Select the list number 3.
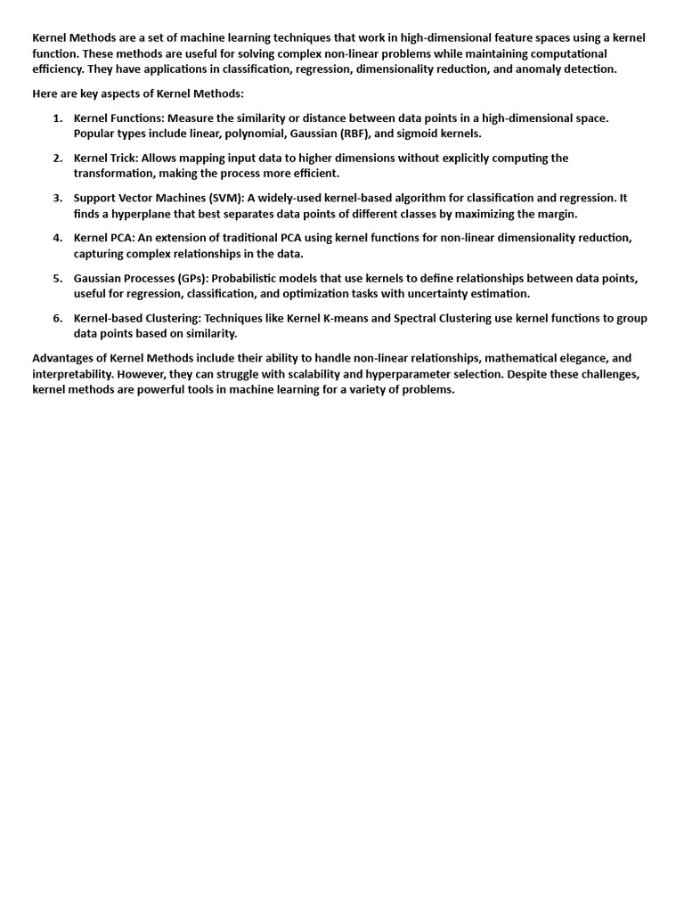tap(58, 198)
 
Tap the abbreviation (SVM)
tap(225, 198)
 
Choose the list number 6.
tap(58, 318)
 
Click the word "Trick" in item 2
tap(122, 158)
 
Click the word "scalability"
tap(241, 374)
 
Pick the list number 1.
tap(58, 118)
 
